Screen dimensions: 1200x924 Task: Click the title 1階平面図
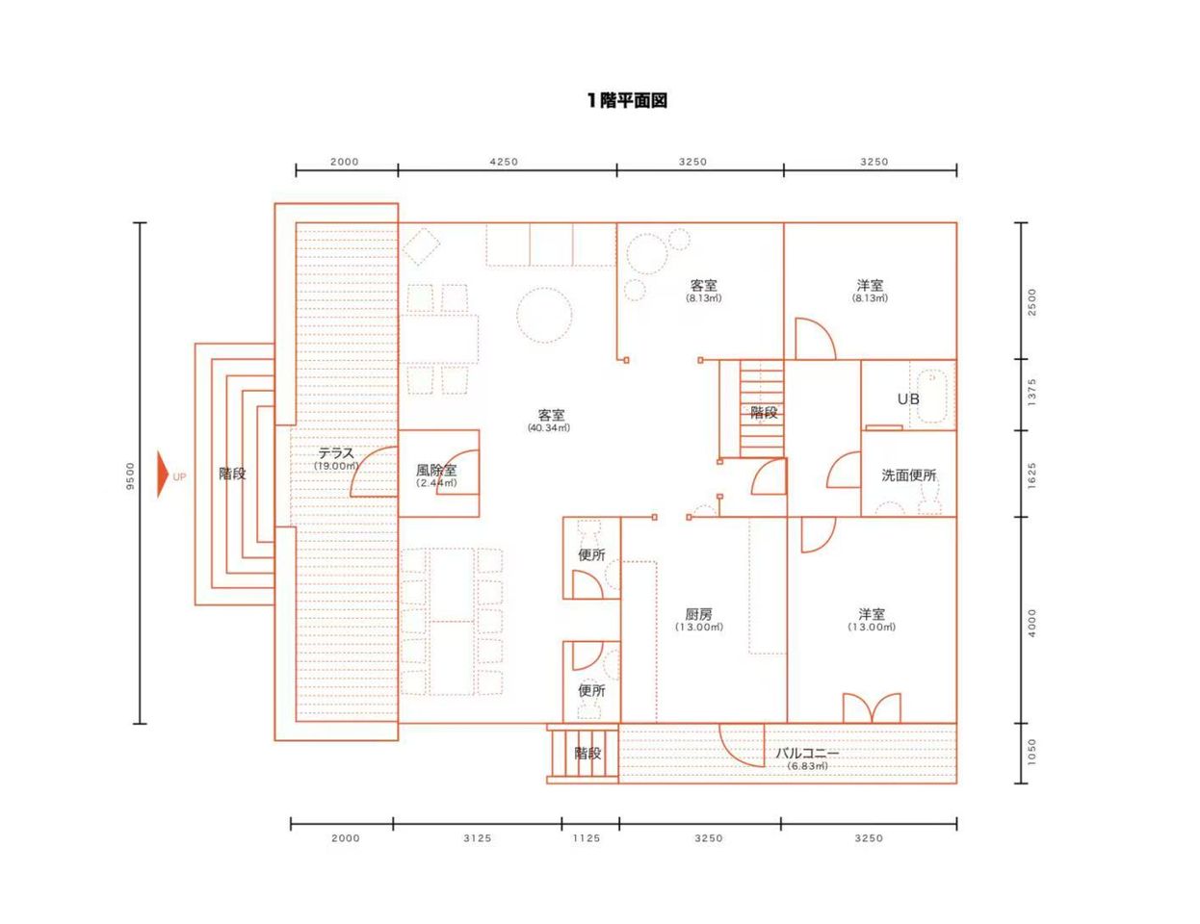pyautogui.click(x=627, y=100)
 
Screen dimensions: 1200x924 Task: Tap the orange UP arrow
pyautogui.click(x=163, y=474)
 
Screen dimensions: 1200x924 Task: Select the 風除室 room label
pyautogui.click(x=436, y=471)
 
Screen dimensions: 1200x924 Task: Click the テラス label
pyautogui.click(x=336, y=453)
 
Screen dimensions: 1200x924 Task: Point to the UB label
pyautogui.click(x=908, y=398)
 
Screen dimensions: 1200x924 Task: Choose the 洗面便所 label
pyautogui.click(x=908, y=475)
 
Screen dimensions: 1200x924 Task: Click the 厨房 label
pyautogui.click(x=698, y=614)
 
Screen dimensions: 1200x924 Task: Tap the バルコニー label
pyautogui.click(x=807, y=753)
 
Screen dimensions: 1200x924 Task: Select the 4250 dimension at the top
pyautogui.click(x=505, y=162)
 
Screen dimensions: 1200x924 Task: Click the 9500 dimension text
pyautogui.click(x=130, y=475)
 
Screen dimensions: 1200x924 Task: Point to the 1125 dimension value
pyautogui.click(x=586, y=838)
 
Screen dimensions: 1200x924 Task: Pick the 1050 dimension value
pyautogui.click(x=1031, y=753)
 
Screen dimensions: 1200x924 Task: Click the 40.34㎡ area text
pyautogui.click(x=548, y=427)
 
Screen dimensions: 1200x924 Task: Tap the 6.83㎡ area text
pyautogui.click(x=807, y=766)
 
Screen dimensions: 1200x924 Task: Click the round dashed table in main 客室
pyautogui.click(x=544, y=315)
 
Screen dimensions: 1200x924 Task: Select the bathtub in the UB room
pyautogui.click(x=932, y=396)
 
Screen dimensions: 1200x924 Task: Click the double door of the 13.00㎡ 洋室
pyautogui.click(x=872, y=708)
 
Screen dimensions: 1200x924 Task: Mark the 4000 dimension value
pyautogui.click(x=1031, y=624)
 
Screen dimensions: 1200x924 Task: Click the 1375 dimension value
pyautogui.click(x=1031, y=392)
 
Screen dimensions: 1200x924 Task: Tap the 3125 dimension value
pyautogui.click(x=477, y=838)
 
